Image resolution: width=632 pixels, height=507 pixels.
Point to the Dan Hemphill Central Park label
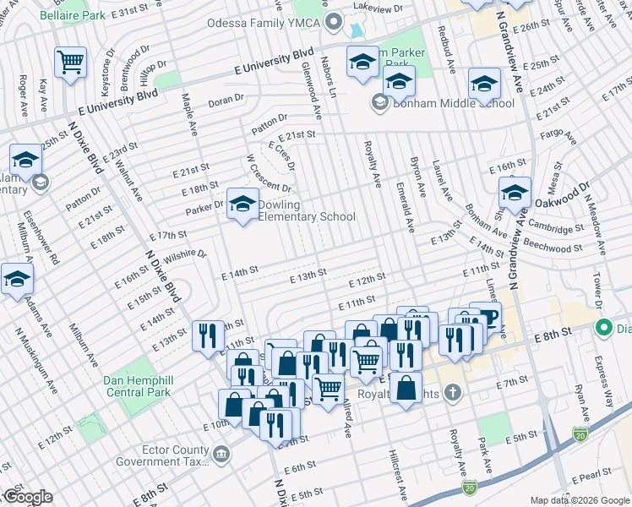(x=137, y=386)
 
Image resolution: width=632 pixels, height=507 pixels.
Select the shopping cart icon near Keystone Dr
(x=71, y=61)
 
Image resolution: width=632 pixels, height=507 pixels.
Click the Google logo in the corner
(x=27, y=496)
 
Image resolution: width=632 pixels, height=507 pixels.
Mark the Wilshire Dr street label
(x=186, y=255)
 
